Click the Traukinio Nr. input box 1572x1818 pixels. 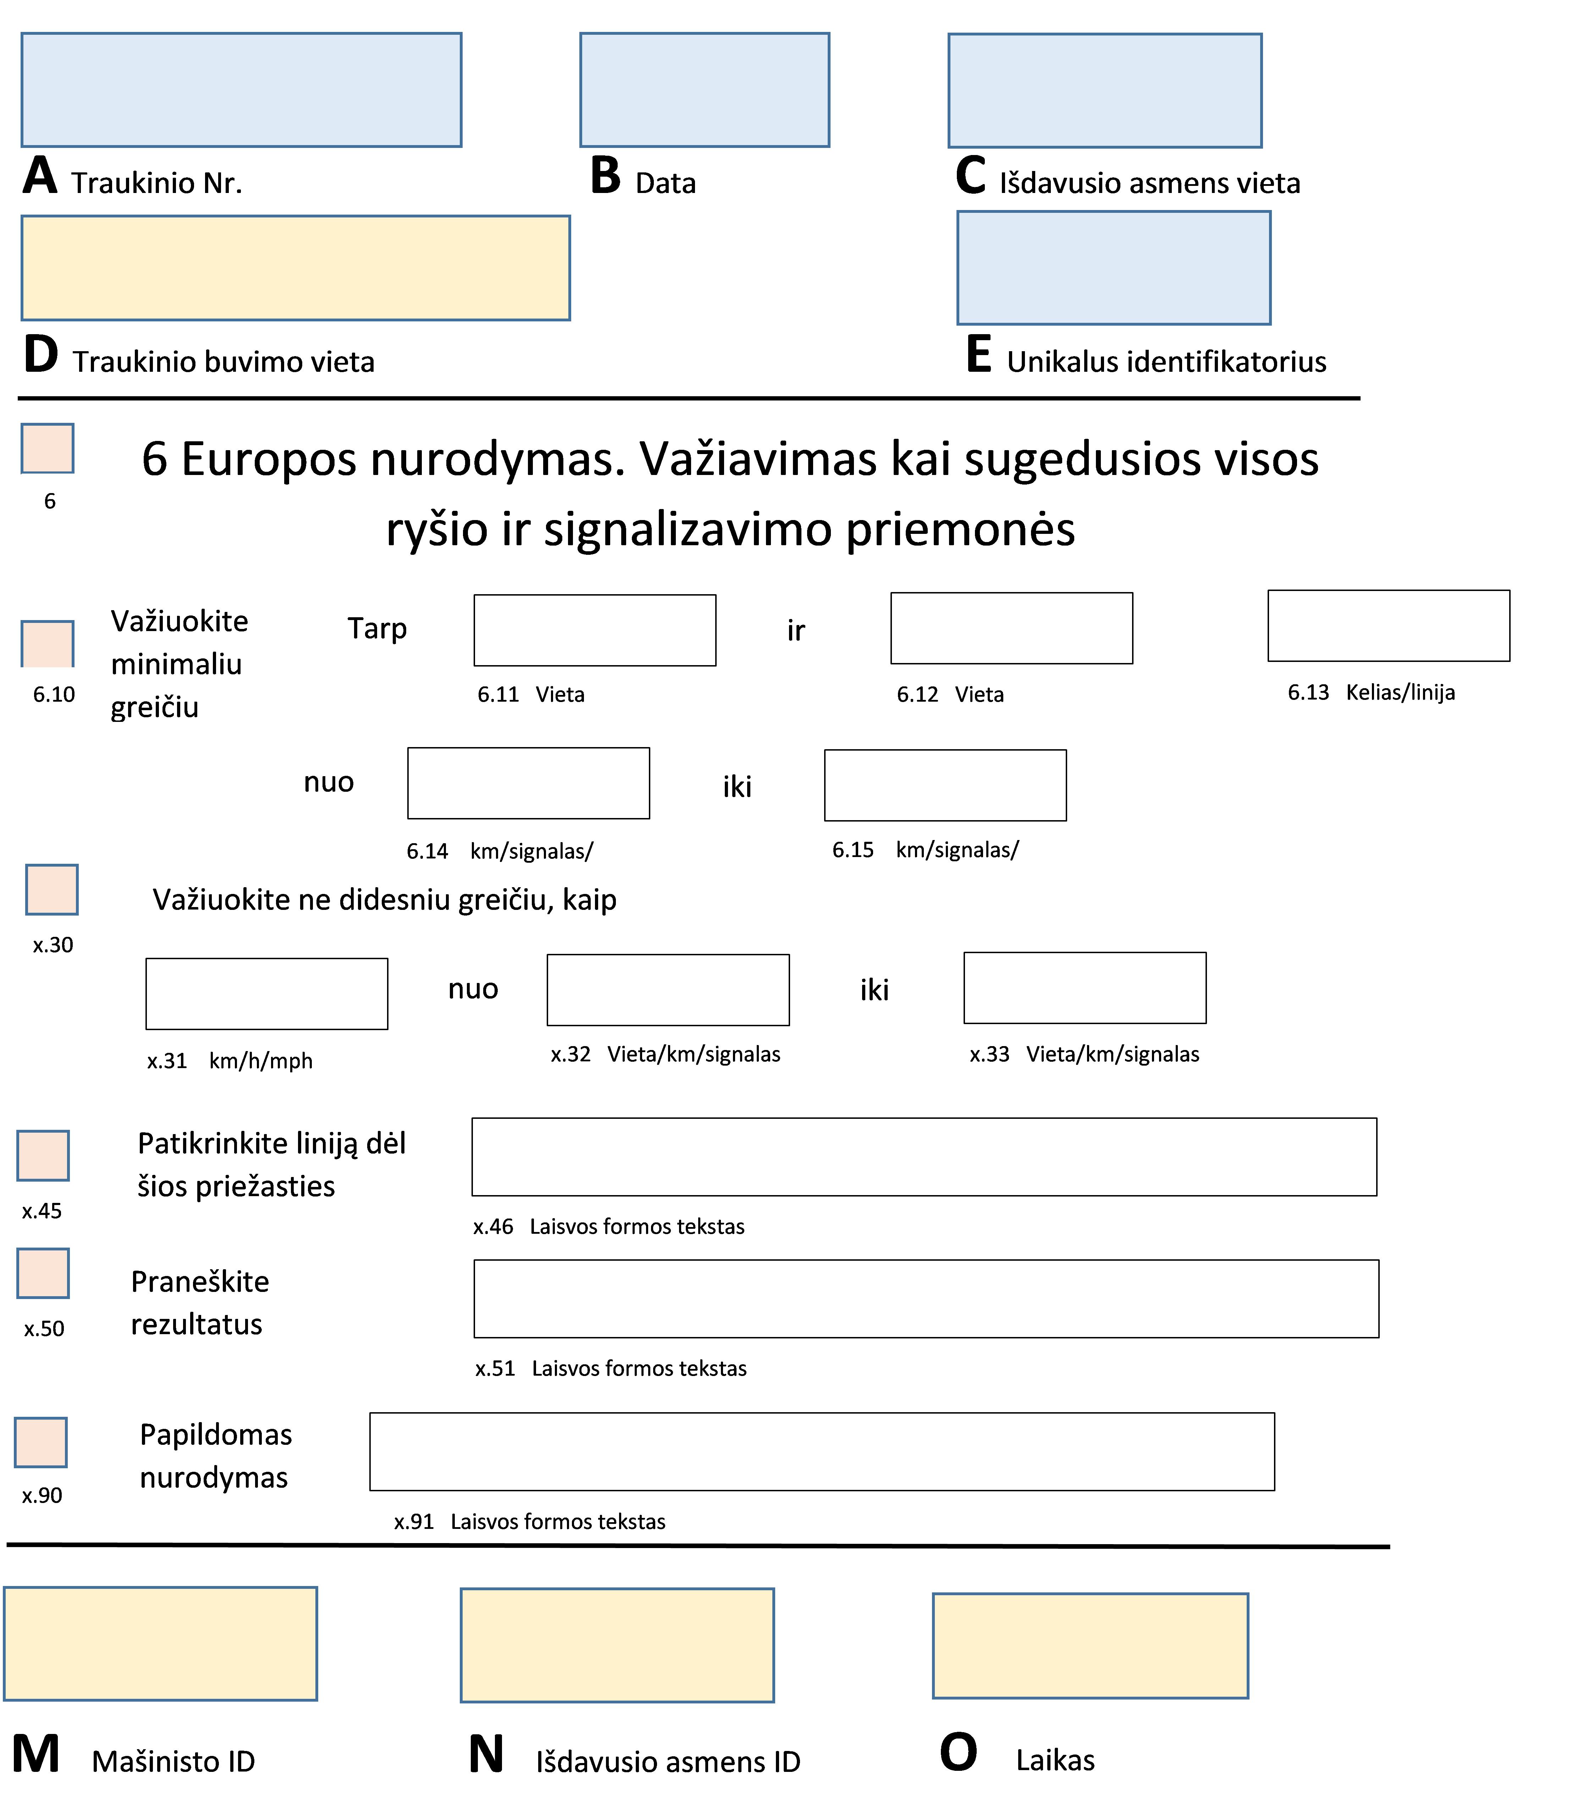coord(241,89)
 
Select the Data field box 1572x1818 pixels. coord(704,89)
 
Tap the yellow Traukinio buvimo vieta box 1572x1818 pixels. coord(296,267)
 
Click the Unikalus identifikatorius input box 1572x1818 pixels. coord(1113,267)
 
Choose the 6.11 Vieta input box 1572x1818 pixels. coord(594,630)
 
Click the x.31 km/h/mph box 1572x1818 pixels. coord(267,993)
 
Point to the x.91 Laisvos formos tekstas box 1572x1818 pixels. coord(822,1451)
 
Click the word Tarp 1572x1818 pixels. coord(377,628)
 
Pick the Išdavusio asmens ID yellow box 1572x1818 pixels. coord(617,1645)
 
